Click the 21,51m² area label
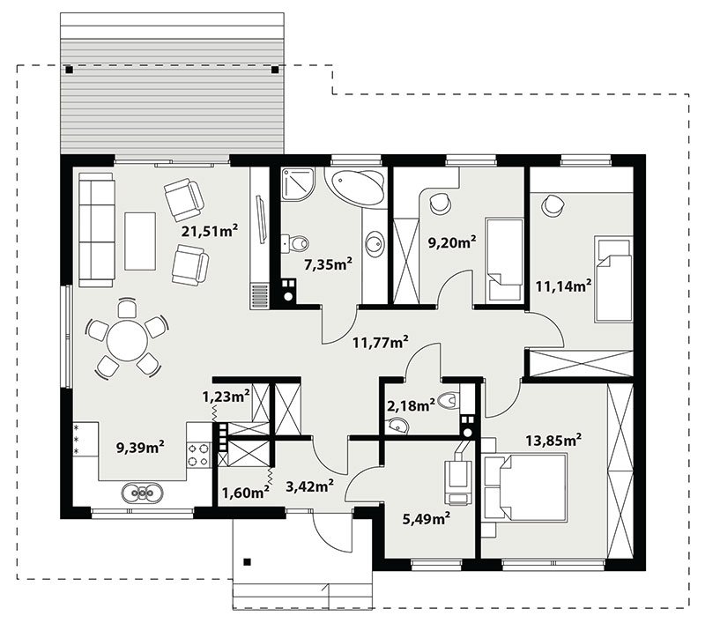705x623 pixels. [x=209, y=231]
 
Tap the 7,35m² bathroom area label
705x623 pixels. [x=328, y=264]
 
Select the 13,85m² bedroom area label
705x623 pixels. [x=553, y=441]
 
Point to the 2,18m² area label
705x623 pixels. [x=411, y=406]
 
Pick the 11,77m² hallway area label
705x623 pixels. [x=381, y=343]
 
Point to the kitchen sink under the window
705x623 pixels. [x=141, y=493]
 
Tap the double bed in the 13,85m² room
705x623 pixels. [x=524, y=487]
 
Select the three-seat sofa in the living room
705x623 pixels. [x=96, y=230]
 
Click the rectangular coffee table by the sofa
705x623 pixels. [x=140, y=241]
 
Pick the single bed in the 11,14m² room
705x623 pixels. [x=613, y=278]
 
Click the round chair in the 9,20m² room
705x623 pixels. [x=440, y=204]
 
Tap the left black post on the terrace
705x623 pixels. [x=69, y=70]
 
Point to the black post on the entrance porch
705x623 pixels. [x=247, y=561]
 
